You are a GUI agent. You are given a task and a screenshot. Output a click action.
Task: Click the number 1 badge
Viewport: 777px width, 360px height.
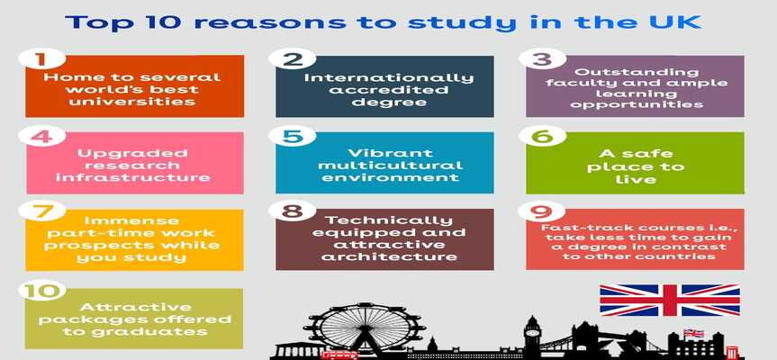(x=41, y=58)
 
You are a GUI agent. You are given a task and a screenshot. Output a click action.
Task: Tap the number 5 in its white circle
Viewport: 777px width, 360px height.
(x=292, y=136)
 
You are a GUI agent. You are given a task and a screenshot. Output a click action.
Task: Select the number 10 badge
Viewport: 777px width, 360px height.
(x=41, y=290)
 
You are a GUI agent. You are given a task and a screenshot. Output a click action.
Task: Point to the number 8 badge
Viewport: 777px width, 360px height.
(x=292, y=211)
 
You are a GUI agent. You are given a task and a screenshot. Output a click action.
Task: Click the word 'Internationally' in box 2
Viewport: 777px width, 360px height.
(x=389, y=78)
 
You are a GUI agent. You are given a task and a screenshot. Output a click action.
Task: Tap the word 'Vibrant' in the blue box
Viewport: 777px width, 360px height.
(x=390, y=153)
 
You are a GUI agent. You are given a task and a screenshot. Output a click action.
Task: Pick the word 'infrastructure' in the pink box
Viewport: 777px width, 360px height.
(x=133, y=176)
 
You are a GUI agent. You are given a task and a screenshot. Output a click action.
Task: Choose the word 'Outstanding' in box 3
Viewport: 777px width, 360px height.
(x=637, y=72)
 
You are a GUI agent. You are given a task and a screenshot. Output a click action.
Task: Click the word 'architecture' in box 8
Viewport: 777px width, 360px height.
(x=389, y=256)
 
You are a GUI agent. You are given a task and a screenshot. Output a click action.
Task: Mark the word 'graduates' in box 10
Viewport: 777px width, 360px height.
(x=136, y=331)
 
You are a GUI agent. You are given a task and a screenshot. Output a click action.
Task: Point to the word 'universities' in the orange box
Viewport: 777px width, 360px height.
(x=131, y=102)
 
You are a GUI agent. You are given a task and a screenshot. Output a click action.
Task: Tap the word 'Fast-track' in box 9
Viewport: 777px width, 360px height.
(x=572, y=228)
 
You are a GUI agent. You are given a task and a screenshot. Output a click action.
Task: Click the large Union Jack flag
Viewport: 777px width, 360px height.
(x=670, y=300)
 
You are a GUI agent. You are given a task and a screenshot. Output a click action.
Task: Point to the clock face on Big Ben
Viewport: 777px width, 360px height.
(x=532, y=331)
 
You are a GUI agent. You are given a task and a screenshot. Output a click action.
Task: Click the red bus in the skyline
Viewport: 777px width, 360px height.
(x=339, y=355)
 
